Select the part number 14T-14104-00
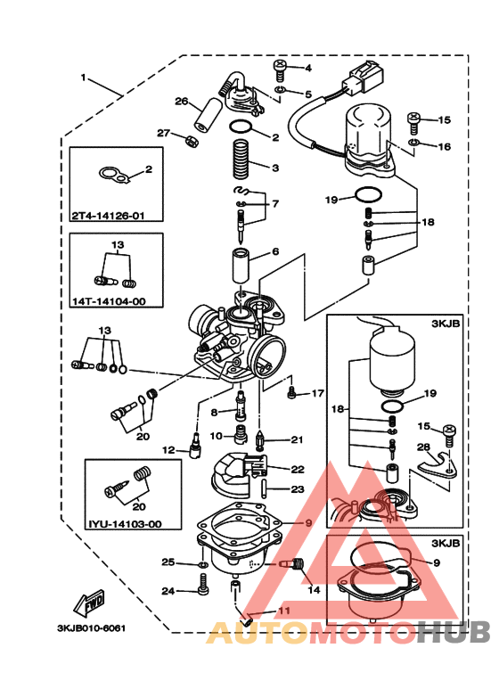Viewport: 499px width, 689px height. (x=108, y=301)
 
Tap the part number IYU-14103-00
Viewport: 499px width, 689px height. (x=125, y=524)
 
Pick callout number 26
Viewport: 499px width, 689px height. (x=181, y=102)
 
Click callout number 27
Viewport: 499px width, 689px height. (x=163, y=133)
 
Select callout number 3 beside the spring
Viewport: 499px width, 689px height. (x=275, y=167)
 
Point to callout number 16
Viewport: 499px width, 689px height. (x=444, y=146)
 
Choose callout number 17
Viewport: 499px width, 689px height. (x=318, y=393)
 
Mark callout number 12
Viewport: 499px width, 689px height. (x=168, y=450)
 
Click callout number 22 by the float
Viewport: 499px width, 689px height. (x=297, y=469)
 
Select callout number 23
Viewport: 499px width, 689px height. (x=297, y=488)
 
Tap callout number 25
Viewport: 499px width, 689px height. (x=167, y=562)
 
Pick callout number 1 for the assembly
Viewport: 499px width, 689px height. (x=84, y=78)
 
